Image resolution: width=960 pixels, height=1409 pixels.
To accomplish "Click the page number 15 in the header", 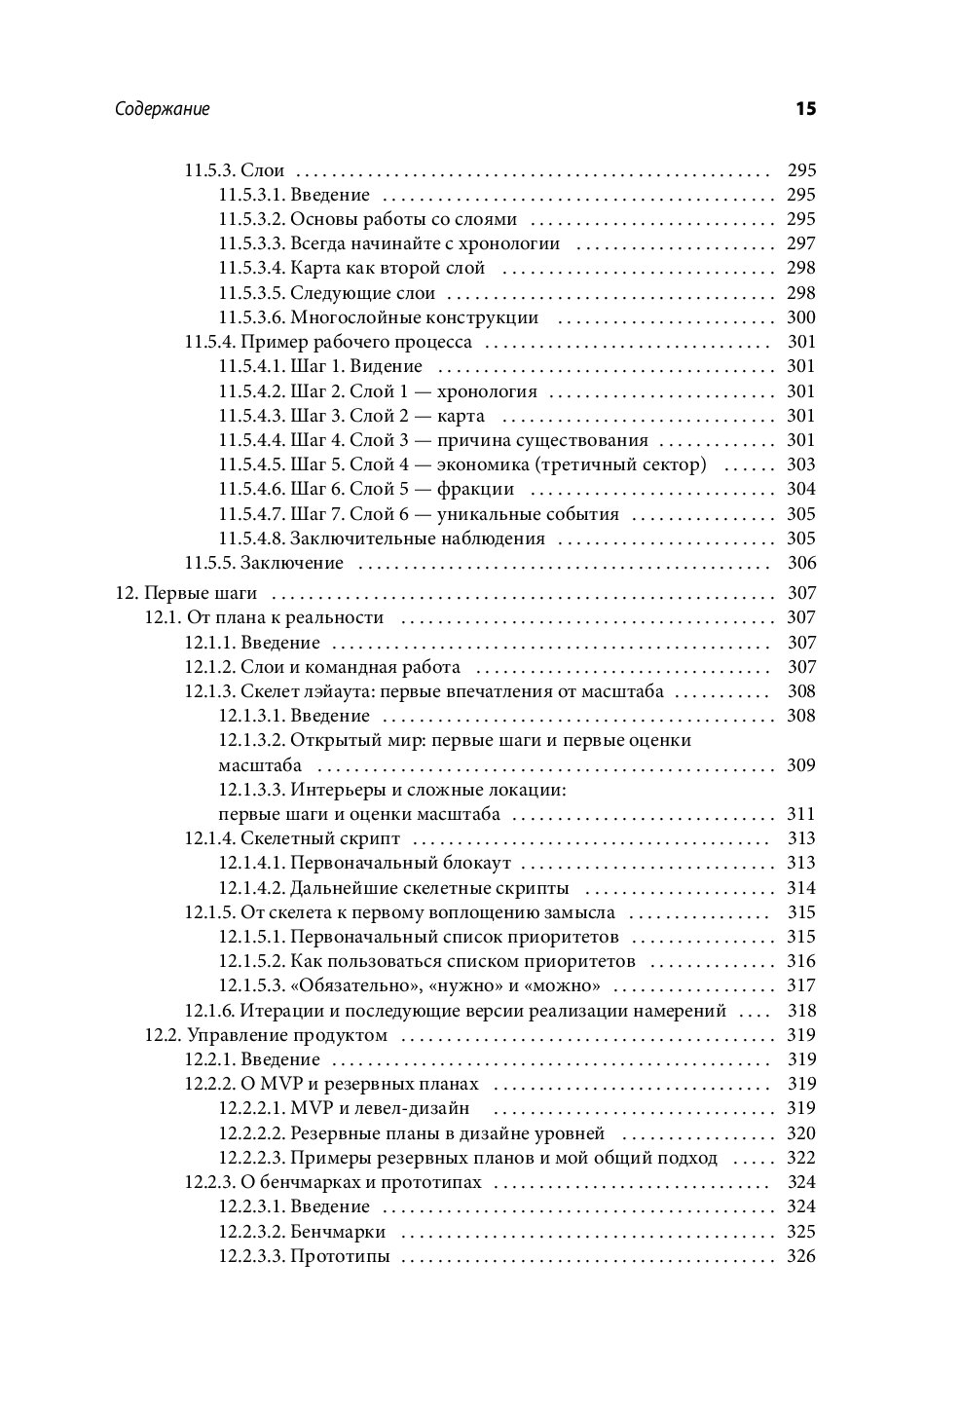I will [x=804, y=109].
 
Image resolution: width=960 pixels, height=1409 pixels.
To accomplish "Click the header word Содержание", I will [x=162, y=109].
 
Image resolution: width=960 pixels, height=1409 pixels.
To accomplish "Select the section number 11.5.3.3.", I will [x=251, y=243].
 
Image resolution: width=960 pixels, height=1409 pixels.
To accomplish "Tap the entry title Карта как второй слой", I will [x=388, y=268].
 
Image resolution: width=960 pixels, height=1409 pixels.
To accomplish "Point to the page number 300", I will [x=800, y=317].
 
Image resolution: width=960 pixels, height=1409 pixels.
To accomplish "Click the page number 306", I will [x=800, y=563].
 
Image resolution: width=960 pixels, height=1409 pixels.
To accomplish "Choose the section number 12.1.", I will [x=163, y=617].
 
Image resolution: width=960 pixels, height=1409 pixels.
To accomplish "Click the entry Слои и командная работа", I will [x=351, y=667].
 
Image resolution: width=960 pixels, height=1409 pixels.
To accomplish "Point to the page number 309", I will [x=800, y=765].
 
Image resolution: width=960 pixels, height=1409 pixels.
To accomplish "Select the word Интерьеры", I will [x=336, y=790].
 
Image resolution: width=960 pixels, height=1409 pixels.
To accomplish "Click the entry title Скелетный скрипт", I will [x=320, y=838].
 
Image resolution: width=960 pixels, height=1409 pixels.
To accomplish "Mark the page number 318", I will [x=800, y=1011].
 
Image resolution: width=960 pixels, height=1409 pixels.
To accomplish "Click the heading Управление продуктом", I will [x=287, y=1035].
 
